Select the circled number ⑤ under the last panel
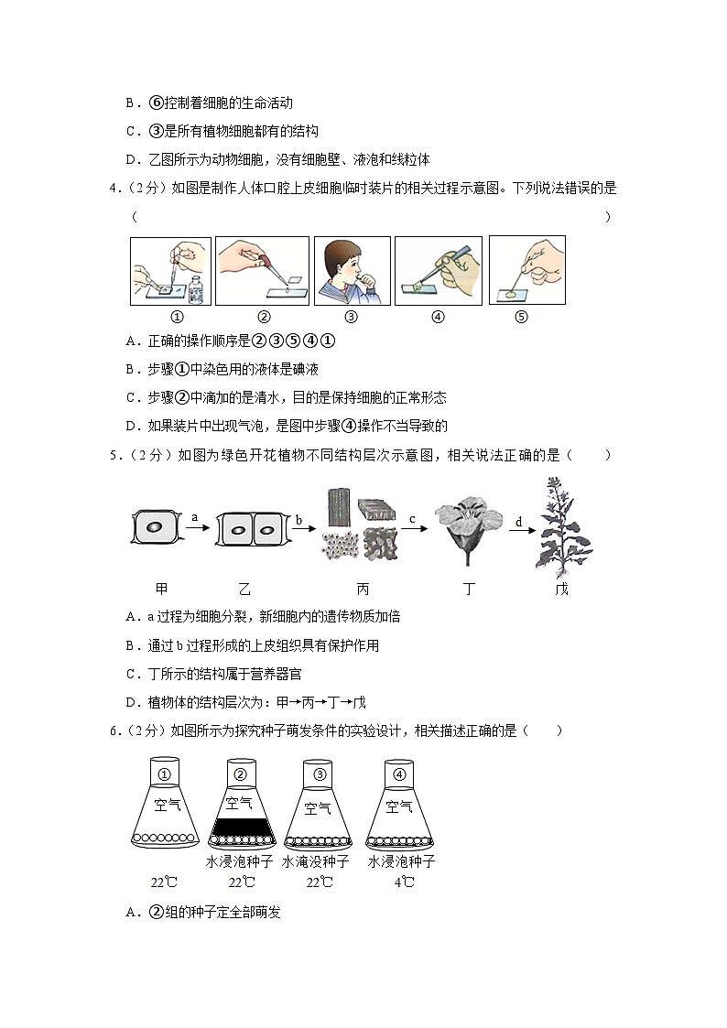point(522,318)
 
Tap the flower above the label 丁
point(470,533)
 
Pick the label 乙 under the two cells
point(244,589)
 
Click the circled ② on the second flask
point(241,774)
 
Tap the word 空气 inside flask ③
point(319,807)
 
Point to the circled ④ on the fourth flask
point(399,774)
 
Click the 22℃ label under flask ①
point(165,882)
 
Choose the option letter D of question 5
point(132,702)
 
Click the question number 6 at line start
point(112,730)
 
